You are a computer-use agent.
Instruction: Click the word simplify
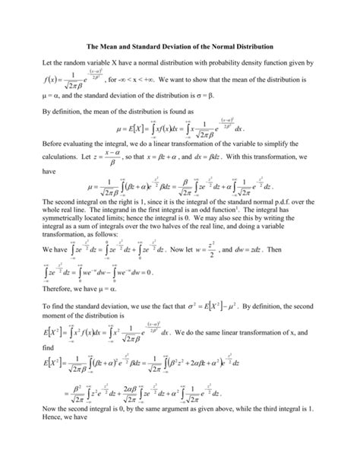tap(302, 164)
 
